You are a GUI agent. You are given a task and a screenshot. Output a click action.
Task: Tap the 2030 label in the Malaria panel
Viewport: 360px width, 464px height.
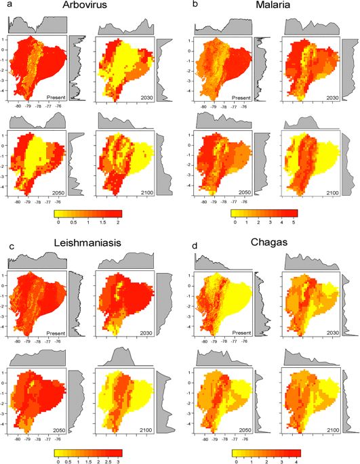click(x=330, y=97)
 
